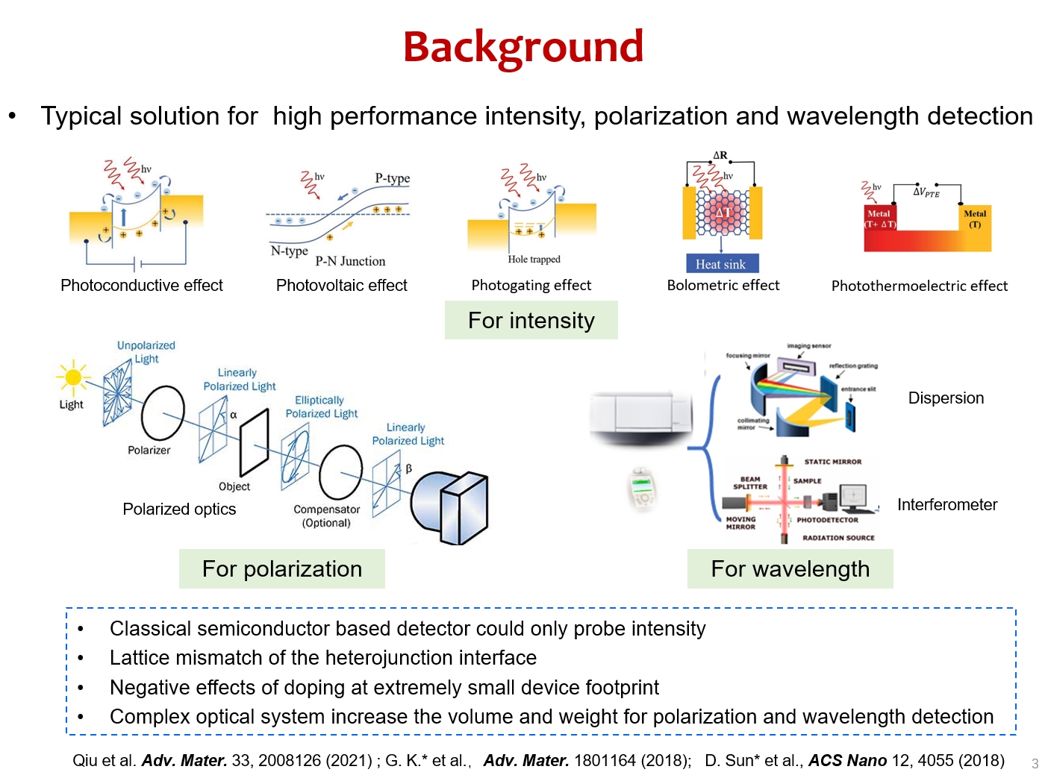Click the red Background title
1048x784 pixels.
tap(523, 47)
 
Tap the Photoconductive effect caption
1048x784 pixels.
tap(142, 286)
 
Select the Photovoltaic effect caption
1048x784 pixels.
tap(342, 286)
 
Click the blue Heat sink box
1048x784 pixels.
tap(721, 264)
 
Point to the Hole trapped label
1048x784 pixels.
tap(534, 260)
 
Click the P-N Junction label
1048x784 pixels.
tap(350, 261)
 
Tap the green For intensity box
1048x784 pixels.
tap(531, 321)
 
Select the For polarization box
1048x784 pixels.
tap(282, 569)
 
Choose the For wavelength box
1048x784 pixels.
tap(790, 569)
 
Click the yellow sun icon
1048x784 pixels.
tap(73, 377)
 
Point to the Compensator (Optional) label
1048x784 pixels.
tap(326, 515)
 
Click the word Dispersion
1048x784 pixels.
tap(946, 398)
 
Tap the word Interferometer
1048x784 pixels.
tap(946, 505)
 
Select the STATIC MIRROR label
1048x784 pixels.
tap(832, 462)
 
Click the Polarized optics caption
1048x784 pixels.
tap(179, 509)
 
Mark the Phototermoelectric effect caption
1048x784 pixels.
tap(919, 286)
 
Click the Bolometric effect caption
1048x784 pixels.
tap(723, 286)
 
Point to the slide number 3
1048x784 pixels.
tap(1035, 764)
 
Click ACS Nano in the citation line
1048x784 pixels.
tap(847, 761)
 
